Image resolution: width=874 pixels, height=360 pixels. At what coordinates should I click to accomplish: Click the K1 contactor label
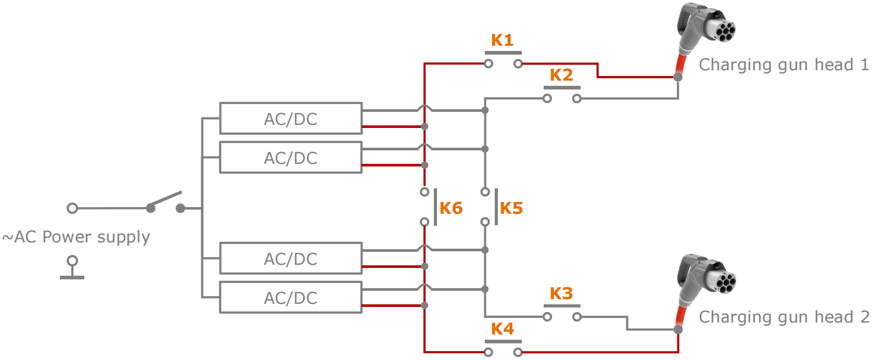click(x=502, y=40)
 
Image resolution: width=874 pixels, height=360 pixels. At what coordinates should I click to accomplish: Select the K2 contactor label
click(x=561, y=75)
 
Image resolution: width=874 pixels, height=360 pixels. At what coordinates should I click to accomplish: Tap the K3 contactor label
click(x=561, y=293)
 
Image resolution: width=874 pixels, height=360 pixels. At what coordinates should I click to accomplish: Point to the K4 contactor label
click(x=502, y=329)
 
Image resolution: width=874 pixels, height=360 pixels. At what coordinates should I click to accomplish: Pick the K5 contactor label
click(x=511, y=208)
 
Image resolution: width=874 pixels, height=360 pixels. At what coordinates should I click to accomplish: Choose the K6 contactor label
click(x=451, y=208)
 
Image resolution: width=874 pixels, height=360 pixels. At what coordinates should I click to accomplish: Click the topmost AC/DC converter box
click(x=290, y=119)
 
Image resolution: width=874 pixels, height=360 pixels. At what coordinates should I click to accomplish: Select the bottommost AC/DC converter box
click(x=290, y=298)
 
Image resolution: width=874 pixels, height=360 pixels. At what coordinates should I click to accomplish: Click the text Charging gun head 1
click(x=783, y=65)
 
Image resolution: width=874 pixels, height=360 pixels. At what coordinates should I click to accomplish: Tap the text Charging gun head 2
click(x=783, y=317)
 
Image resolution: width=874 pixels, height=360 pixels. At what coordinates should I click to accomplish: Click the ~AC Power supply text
click(x=76, y=237)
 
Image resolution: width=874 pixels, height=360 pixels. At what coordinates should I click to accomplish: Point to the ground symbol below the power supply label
click(x=72, y=268)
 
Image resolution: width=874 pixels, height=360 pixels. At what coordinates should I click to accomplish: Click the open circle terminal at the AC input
click(x=72, y=209)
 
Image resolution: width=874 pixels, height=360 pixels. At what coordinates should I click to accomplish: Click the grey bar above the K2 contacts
click(x=562, y=87)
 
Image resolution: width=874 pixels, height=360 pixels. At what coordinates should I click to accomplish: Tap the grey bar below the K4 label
click(x=503, y=342)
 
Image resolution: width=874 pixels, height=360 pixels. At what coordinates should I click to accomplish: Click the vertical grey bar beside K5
click(x=496, y=207)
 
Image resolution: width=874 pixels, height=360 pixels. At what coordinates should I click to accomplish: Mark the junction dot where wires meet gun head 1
click(x=678, y=77)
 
